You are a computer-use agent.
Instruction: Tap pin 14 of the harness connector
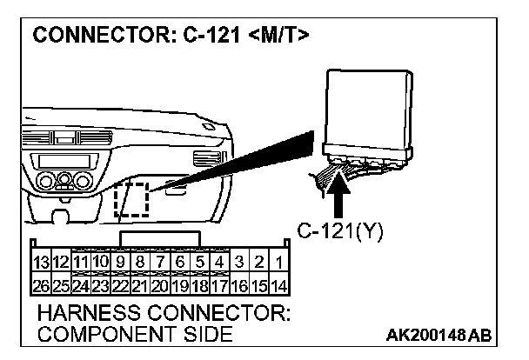pos(279,283)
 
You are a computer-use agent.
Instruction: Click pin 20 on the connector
pos(160,283)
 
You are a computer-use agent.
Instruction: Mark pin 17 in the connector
pos(219,283)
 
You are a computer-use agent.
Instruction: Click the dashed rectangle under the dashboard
pos(131,202)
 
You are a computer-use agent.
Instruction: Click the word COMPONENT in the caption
pos(92,334)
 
